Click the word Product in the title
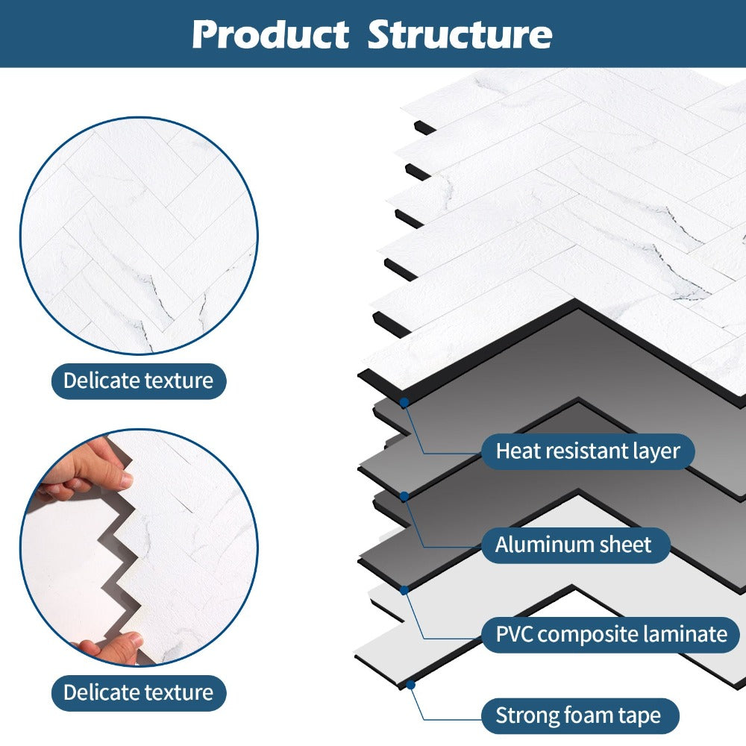[270, 35]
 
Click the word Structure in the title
[460, 35]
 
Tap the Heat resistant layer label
[588, 451]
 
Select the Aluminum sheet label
[573, 544]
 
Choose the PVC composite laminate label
[611, 634]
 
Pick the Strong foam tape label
[578, 716]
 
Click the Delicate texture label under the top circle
[138, 380]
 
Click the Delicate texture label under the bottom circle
[138, 692]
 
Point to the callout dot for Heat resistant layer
[404, 403]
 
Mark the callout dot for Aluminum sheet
[404, 495]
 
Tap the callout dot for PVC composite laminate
[404, 590]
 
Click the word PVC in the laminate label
[514, 634]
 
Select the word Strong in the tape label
[521, 716]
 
